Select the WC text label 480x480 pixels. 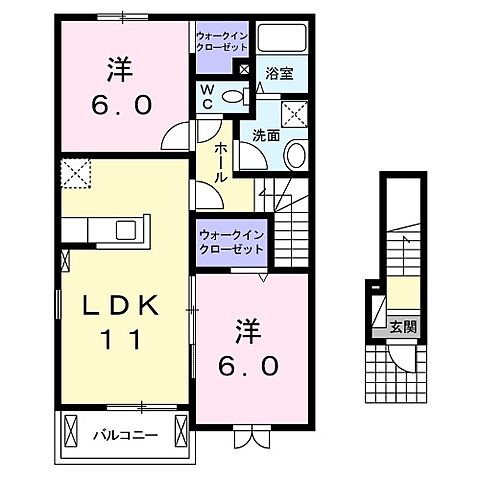pyautogui.click(x=207, y=96)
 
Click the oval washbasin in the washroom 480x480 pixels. pyautogui.click(x=296, y=154)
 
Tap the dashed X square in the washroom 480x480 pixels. pyautogui.click(x=297, y=112)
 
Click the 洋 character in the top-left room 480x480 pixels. pyautogui.click(x=118, y=70)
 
